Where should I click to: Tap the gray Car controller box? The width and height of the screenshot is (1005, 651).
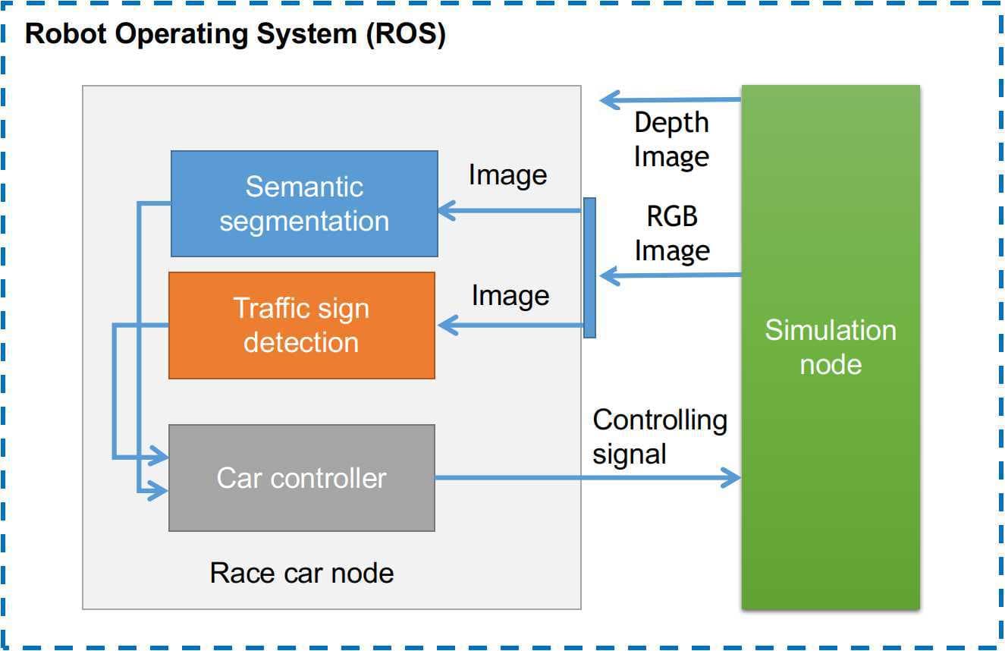301,478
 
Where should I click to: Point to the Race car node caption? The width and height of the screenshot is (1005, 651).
301,573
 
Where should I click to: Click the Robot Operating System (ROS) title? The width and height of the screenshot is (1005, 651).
235,35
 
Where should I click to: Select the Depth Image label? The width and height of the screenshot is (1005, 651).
671,140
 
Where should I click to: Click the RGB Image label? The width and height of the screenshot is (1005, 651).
672,234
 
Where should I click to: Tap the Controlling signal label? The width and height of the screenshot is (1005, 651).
659,436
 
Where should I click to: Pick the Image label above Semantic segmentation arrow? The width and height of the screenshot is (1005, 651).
507,175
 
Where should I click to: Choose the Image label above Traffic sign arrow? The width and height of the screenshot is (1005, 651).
510,295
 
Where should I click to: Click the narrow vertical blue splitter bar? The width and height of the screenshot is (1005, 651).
589,267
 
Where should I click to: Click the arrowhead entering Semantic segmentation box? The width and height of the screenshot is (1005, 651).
447,211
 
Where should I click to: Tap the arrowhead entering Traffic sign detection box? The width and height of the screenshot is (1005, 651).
447,326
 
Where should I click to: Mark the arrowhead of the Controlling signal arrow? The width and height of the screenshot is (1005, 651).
731,478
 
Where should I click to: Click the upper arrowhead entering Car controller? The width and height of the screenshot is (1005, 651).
160,458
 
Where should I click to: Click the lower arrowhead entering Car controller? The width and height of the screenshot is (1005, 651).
160,492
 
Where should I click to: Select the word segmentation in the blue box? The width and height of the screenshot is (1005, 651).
304,222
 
